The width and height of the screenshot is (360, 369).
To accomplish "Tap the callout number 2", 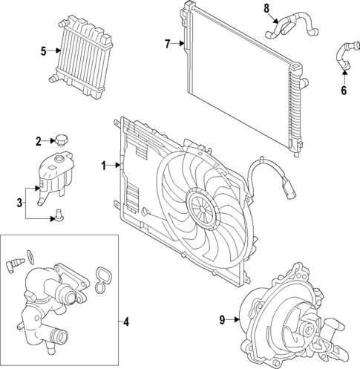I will click(38, 140).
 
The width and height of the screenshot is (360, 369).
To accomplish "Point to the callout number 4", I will click(126, 321).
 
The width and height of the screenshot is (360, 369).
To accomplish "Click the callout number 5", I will click(44, 51).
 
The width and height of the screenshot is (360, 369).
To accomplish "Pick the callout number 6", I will click(344, 91).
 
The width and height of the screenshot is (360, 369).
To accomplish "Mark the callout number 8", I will click(266, 8).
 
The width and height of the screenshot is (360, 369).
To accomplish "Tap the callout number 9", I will click(221, 320).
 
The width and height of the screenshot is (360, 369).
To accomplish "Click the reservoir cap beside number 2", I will click(60, 140).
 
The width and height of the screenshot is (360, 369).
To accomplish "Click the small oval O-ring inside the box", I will click(29, 255).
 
